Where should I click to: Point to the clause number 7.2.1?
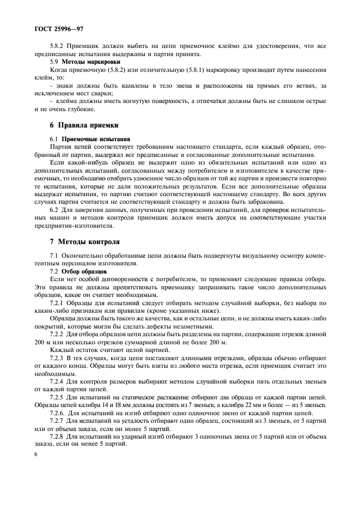(58, 302)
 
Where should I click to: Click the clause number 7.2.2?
(58, 333)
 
